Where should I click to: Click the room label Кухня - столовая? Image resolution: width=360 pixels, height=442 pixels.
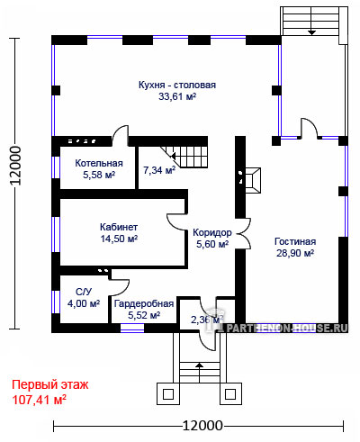coord(177,85)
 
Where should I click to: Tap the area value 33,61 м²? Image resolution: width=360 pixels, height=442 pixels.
coord(177,96)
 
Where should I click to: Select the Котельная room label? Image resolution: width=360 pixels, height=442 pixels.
coord(99,163)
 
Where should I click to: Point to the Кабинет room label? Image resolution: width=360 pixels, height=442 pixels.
coord(119,227)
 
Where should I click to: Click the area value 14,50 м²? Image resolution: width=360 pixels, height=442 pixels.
coord(119,239)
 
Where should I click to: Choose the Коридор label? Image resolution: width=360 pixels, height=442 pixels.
coord(212,232)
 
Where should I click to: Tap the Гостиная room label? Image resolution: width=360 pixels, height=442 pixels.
coord(295,241)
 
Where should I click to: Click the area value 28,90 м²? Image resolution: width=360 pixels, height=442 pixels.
coord(295,253)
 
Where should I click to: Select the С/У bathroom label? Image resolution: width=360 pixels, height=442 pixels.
coord(84,292)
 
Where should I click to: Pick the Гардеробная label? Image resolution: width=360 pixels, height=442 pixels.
coord(144,303)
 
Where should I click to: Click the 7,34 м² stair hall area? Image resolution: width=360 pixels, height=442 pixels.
coord(159,170)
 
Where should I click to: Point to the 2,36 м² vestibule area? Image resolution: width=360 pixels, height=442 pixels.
coord(207,320)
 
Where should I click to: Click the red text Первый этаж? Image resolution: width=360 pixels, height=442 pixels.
coord(50,385)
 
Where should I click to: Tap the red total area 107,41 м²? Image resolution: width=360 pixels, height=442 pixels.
coord(39,400)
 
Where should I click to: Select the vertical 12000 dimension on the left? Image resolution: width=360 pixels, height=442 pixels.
coord(15,166)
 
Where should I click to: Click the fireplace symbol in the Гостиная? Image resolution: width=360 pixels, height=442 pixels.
coord(253,180)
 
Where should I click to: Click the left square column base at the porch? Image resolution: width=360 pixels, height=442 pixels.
coord(168,393)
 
